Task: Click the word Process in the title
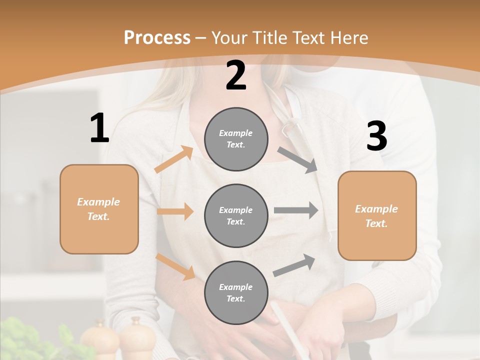(157, 37)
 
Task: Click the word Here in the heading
(348, 37)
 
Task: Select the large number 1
(99, 128)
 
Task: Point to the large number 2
(236, 75)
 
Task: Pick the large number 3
(376, 136)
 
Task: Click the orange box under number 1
(99, 209)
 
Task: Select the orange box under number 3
(377, 215)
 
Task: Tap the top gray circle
(236, 139)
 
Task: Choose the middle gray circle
(236, 215)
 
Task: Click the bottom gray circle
(236, 292)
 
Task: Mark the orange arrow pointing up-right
(173, 159)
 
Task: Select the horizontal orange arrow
(175, 211)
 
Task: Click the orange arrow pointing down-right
(175, 266)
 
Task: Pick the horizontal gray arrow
(295, 210)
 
